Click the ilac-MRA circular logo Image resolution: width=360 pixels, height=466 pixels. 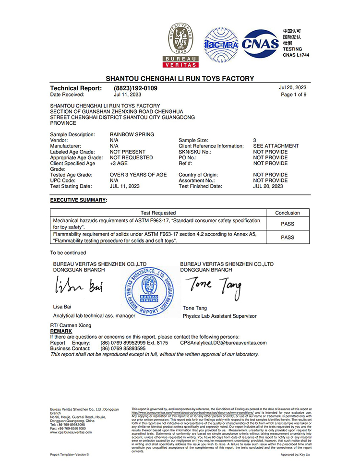(x=221, y=45)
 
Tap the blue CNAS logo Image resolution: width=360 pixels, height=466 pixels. (x=260, y=45)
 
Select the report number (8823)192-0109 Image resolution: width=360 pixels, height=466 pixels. (x=135, y=88)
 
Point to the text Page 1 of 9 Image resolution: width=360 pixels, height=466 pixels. (x=294, y=95)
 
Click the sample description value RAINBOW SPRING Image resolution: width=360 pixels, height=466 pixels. (x=132, y=134)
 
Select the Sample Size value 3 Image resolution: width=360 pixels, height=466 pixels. (x=255, y=140)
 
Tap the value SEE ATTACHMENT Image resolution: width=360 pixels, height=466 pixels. (x=276, y=146)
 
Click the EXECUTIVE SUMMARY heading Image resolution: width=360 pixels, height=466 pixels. (x=79, y=199)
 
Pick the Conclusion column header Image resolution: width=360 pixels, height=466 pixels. (x=287, y=213)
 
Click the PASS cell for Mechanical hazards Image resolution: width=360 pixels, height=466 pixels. (x=287, y=224)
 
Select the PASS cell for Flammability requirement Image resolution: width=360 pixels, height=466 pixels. (x=287, y=237)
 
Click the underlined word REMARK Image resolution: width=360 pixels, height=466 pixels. (x=61, y=331)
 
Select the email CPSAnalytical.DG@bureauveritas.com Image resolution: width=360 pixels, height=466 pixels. (x=223, y=343)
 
